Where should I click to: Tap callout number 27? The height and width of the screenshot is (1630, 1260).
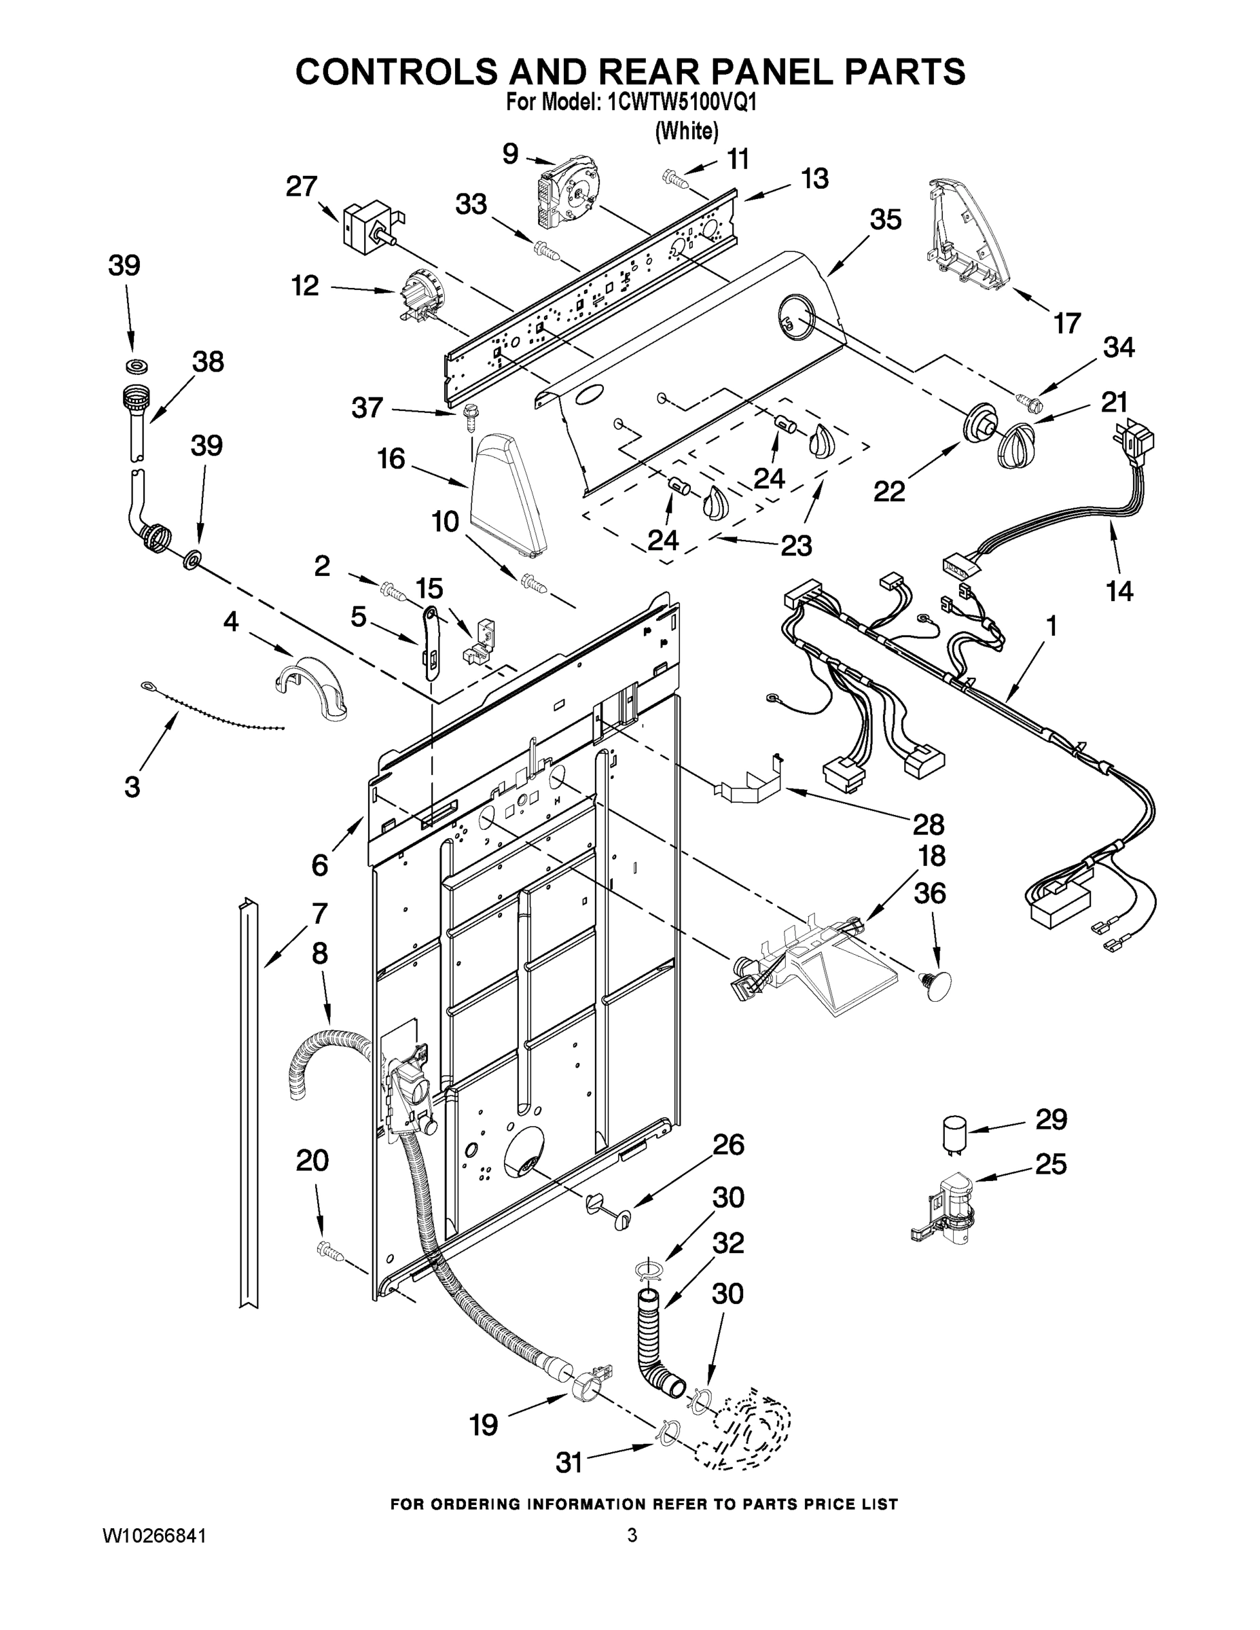tap(301, 187)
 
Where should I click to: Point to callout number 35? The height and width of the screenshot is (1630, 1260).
tap(885, 219)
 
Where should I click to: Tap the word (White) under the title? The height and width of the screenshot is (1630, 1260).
tap(686, 131)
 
